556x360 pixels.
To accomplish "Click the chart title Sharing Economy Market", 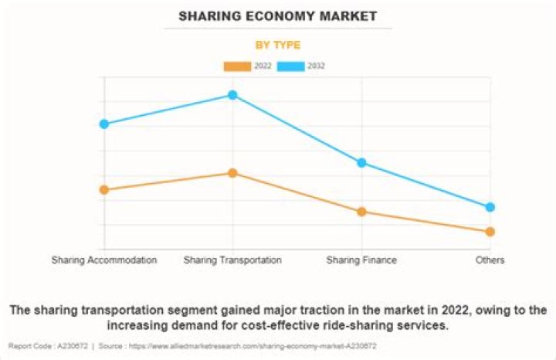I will pos(278,15).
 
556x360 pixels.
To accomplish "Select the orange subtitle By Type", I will pos(278,45).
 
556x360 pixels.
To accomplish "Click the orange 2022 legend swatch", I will pos(237,66).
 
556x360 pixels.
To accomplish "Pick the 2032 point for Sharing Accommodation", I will pos(103,124).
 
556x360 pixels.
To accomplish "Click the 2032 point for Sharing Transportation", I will pos(232,95).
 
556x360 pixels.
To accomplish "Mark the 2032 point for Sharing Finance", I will pos(361,162).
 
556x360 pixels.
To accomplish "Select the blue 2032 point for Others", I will pos(490,207).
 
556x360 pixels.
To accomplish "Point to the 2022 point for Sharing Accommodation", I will pos(103,190).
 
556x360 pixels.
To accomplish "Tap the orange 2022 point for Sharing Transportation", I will pos(232,173).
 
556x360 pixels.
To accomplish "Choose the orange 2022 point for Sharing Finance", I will pos(361,212).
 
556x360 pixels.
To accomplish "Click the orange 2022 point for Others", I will pos(490,232).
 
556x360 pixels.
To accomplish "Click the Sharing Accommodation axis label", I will pos(104,260).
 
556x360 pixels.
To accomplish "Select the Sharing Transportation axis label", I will pos(232,260).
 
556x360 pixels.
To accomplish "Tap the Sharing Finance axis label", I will pos(361,260).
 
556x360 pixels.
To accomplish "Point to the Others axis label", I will pos(490,260).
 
